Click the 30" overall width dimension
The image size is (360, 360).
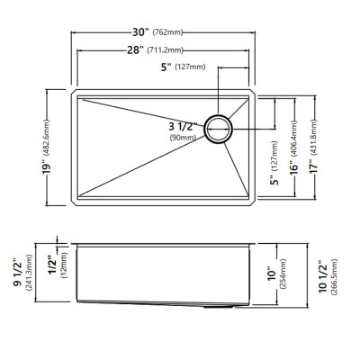[140, 31]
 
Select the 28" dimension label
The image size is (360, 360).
[135, 49]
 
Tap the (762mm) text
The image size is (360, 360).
[167, 32]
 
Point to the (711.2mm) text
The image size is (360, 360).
[166, 50]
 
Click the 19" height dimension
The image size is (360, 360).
[47, 168]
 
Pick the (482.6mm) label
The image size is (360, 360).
[47, 138]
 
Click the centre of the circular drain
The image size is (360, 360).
[219, 129]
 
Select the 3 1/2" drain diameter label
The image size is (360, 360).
[184, 127]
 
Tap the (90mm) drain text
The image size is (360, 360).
[183, 138]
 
